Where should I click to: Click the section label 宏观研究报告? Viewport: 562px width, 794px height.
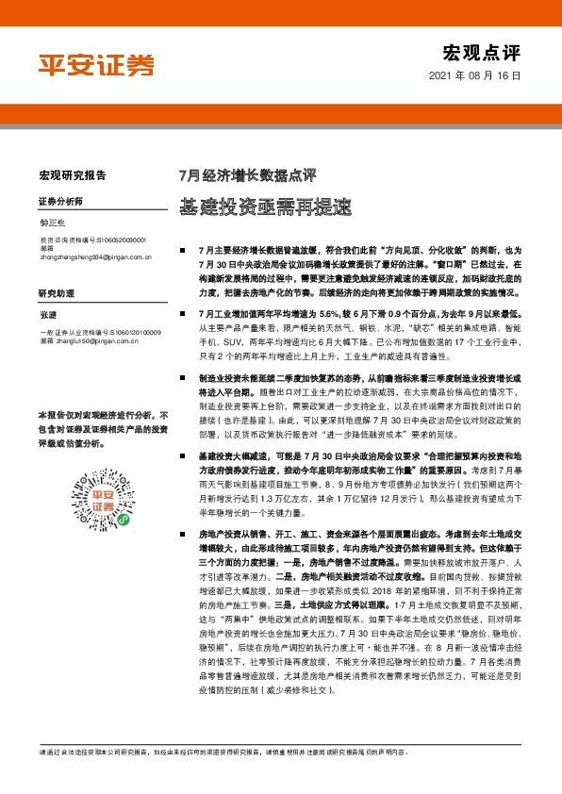click(73, 174)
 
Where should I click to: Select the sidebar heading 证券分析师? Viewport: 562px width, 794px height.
click(60, 203)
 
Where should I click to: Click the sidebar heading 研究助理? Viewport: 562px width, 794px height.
click(56, 293)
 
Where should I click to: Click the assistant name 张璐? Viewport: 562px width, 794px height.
click(48, 315)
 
